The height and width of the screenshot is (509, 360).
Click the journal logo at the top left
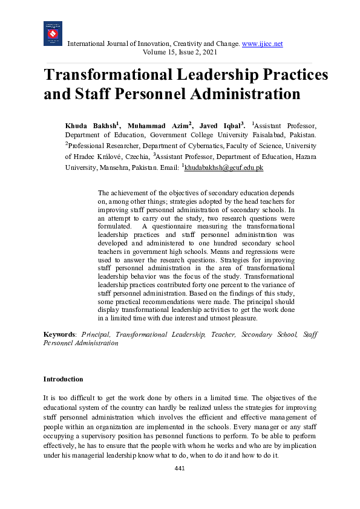53,34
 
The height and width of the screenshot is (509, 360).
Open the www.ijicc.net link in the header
262,44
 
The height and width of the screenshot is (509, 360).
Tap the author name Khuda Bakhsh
90,125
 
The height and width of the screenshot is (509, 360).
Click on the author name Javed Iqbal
221,125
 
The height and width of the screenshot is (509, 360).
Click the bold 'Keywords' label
59,334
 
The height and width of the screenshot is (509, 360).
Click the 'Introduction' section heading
63,379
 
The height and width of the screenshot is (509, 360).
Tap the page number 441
180,469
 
